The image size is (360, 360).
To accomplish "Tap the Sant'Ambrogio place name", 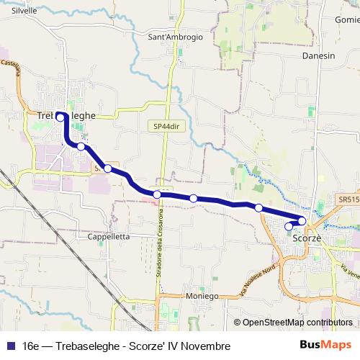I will click(x=175, y=37).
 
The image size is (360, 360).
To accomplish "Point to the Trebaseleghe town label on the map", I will click(x=66, y=115).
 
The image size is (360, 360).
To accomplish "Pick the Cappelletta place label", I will click(x=108, y=236).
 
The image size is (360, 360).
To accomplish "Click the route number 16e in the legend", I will click(x=31, y=346).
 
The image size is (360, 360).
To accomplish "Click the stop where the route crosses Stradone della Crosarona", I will click(x=157, y=194).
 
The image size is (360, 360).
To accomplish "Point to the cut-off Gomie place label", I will click(x=347, y=20).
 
